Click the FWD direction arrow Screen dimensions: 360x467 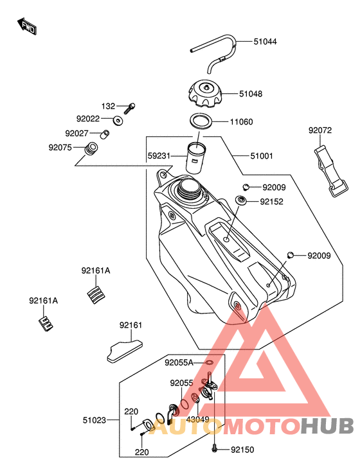(27, 26)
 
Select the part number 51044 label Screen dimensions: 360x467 (265, 42)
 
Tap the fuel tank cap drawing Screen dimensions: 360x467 (205, 94)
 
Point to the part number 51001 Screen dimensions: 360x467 (262, 156)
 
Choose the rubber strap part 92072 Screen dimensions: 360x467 (331, 172)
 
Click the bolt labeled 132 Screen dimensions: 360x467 (129, 109)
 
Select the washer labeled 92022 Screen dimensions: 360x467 (118, 121)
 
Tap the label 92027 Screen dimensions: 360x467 (76, 134)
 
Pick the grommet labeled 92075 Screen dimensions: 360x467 (91, 148)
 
